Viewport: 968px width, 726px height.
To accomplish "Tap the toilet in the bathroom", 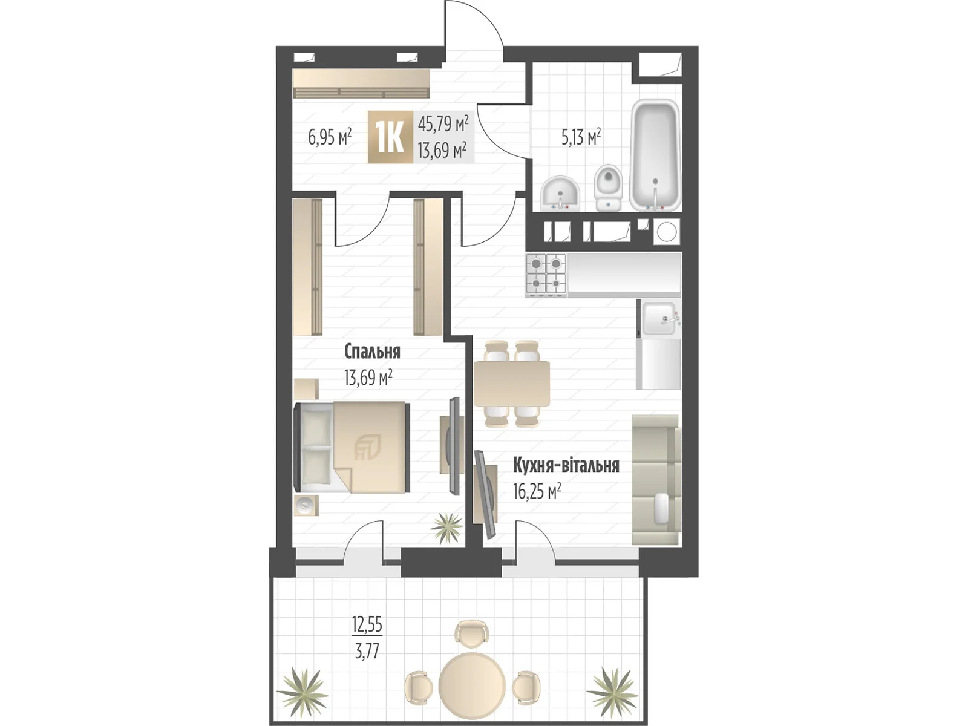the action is click(608, 188).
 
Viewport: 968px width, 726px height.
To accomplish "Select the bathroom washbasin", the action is click(560, 192).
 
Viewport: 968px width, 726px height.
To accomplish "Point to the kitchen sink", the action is click(659, 318).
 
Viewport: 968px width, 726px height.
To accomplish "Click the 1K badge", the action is click(391, 137).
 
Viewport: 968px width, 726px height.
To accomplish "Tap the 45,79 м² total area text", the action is click(443, 124).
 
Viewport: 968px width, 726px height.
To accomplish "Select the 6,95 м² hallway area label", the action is click(330, 137).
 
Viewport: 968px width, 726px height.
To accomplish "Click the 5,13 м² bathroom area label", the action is click(581, 137).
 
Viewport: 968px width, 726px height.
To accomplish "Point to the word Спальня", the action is click(372, 352).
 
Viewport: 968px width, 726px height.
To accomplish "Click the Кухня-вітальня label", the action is click(566, 465).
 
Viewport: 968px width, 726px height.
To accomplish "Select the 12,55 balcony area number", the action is click(367, 624).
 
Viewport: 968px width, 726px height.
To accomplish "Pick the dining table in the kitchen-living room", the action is click(512, 384).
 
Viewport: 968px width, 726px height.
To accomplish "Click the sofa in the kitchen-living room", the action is click(656, 480).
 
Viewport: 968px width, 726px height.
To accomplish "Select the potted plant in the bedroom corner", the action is click(446, 528).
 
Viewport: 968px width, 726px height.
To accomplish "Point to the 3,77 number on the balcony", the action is click(367, 651).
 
